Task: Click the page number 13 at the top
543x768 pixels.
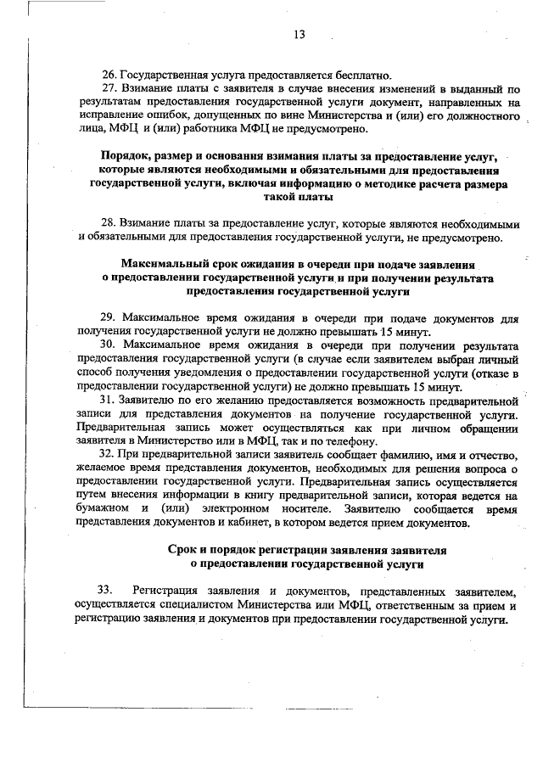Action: [299, 35]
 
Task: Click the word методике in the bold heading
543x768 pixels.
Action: [389, 184]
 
